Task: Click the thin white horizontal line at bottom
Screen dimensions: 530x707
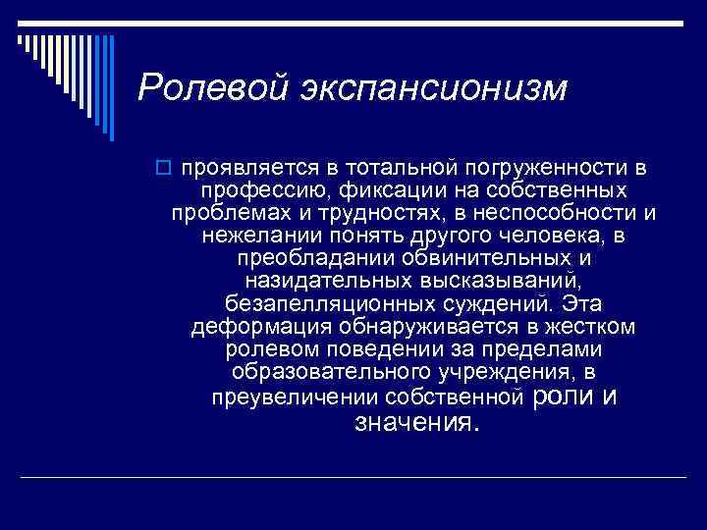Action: (x=353, y=477)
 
